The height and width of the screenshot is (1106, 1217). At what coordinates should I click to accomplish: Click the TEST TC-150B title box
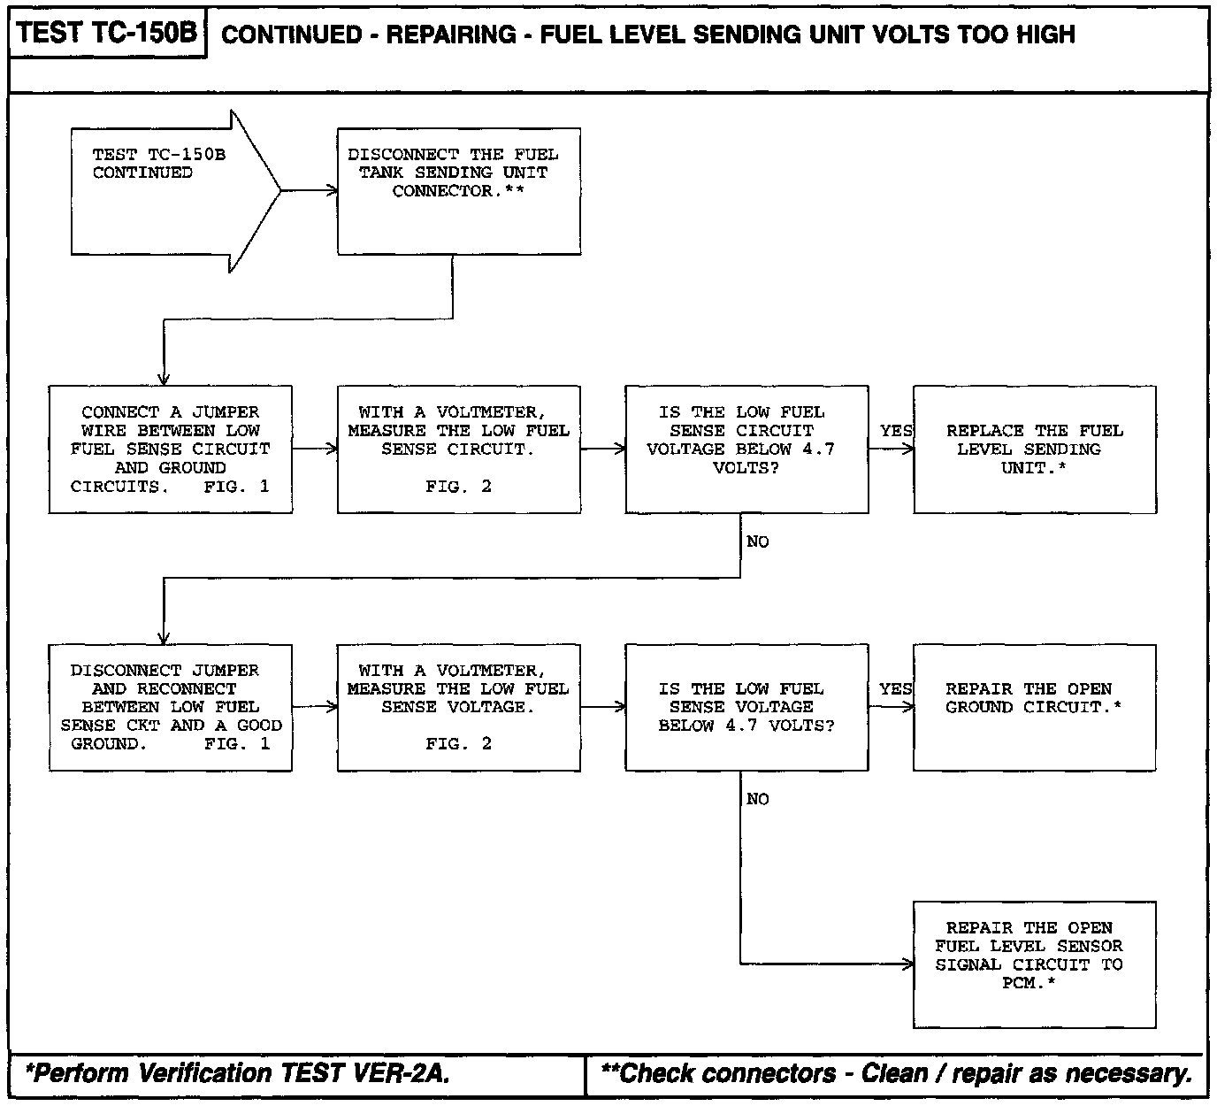point(106,34)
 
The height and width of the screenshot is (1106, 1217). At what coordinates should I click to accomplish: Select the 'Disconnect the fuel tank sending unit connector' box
point(459,191)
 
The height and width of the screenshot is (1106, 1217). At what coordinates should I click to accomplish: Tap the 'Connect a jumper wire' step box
point(171,449)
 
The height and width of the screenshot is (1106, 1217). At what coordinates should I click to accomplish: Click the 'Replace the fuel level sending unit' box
point(1034,449)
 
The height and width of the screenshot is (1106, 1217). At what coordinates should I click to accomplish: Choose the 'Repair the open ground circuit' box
point(1034,707)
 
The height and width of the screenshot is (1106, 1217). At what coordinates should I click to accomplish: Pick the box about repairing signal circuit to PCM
point(1034,964)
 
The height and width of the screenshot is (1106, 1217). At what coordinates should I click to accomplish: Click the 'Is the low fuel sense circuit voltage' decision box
point(746,449)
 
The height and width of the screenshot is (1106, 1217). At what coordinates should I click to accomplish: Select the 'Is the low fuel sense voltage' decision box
point(746,707)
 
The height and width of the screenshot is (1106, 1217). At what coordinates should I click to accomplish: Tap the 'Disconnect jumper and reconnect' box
point(171,707)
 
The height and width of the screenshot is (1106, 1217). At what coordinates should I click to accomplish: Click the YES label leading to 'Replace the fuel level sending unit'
point(895,431)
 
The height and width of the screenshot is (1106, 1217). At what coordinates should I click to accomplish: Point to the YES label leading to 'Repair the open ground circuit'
point(895,689)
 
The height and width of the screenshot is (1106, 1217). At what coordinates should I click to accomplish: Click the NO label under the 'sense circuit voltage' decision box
point(758,541)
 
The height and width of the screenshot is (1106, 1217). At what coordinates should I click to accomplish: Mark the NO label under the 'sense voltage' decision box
point(758,799)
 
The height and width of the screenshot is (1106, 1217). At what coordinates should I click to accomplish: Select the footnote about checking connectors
point(896,1074)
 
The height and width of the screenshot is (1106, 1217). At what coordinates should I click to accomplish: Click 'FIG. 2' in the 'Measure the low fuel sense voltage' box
point(458,744)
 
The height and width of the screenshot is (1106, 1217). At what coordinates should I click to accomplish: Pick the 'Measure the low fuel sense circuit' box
point(459,449)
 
